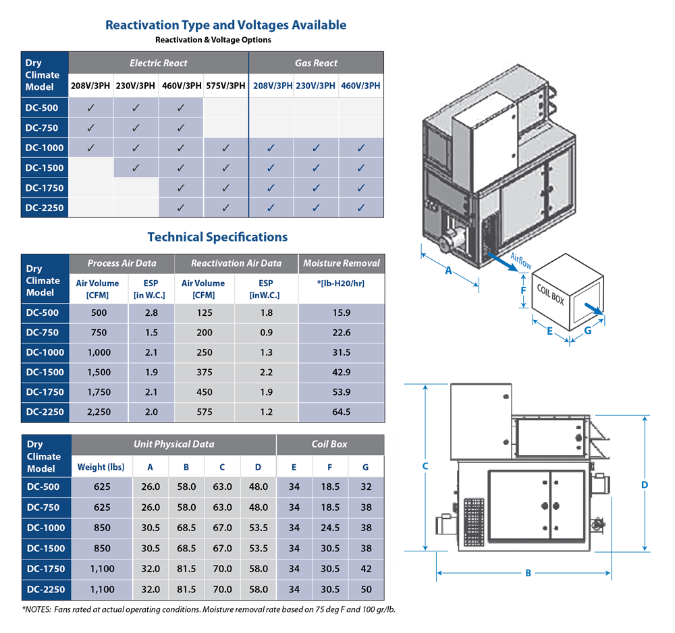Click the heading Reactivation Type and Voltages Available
point(225,26)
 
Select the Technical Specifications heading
point(217,237)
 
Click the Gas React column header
point(316,63)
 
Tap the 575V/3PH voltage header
point(225,86)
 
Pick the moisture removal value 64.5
point(341,412)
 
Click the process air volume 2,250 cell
point(99,412)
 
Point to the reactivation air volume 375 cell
point(204,372)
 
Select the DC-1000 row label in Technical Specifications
point(45,352)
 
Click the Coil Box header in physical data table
point(329,444)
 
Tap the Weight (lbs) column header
point(101,467)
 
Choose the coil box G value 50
point(366,589)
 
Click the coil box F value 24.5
point(330,528)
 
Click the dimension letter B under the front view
point(529,574)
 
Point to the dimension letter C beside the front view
point(425,466)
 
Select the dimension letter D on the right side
point(645,485)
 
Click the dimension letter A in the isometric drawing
point(448,271)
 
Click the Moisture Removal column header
point(341,263)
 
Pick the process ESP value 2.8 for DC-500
point(151,312)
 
